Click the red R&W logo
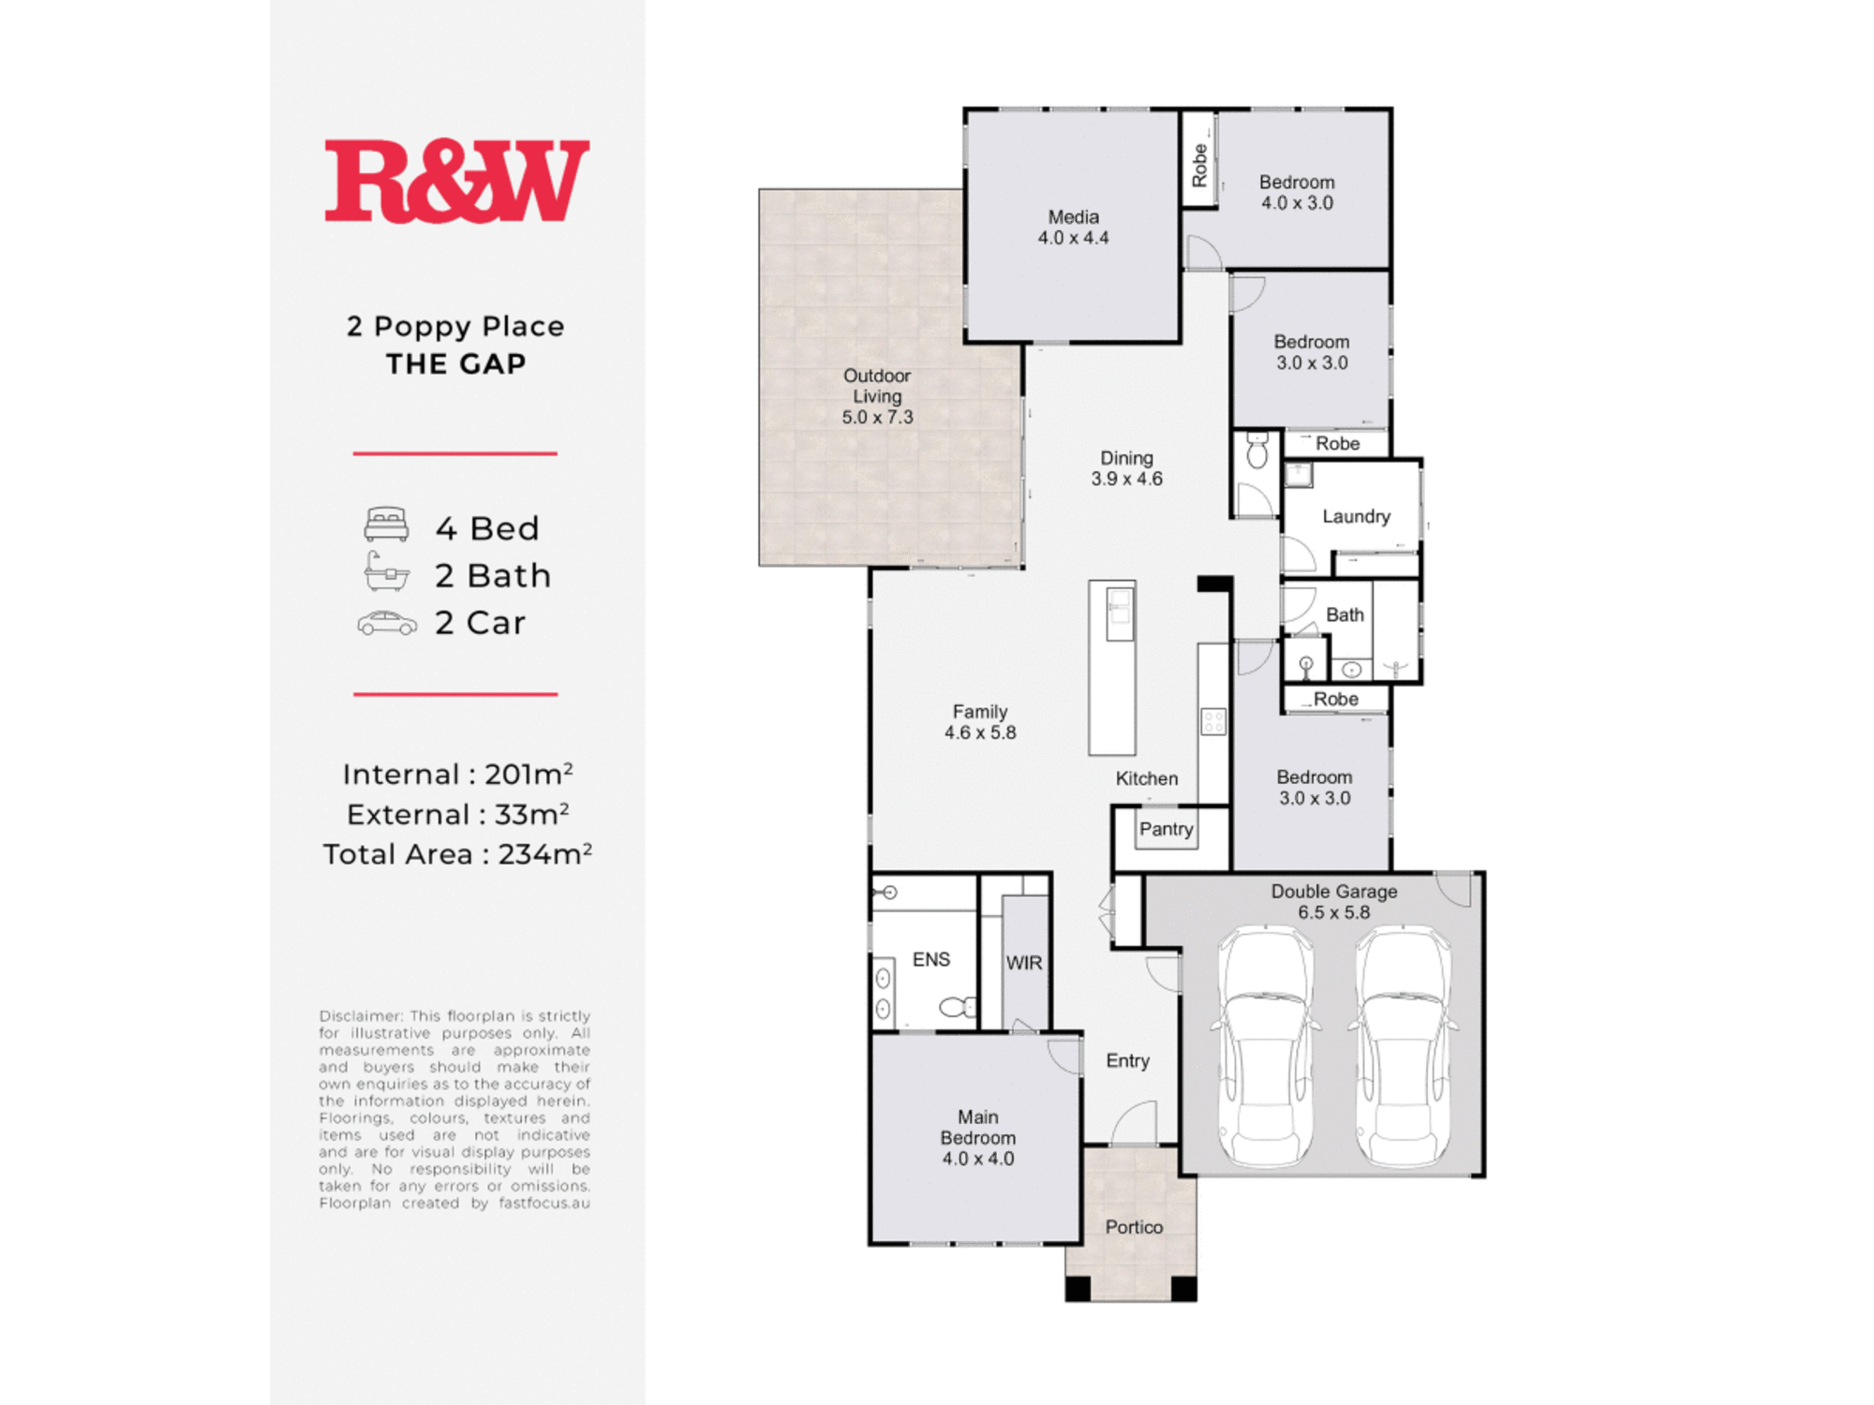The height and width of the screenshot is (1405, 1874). click(x=457, y=181)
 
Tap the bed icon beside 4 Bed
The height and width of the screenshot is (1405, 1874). click(x=386, y=525)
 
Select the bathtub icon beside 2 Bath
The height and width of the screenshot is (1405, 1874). click(x=386, y=571)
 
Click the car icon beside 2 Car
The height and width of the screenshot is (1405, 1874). click(x=387, y=623)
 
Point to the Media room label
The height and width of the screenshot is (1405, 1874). click(x=1073, y=227)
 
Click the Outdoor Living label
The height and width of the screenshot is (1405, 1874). click(x=877, y=396)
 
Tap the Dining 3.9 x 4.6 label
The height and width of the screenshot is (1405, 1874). click(x=1126, y=468)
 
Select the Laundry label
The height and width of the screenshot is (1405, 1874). click(x=1356, y=516)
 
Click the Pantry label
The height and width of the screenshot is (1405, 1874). click(x=1166, y=829)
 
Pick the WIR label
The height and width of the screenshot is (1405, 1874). click(x=1023, y=963)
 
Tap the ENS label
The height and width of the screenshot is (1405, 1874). click(x=930, y=959)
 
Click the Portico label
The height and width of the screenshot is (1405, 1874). click(x=1134, y=1227)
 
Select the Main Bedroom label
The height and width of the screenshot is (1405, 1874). click(x=977, y=1137)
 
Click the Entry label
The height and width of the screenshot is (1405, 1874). click(x=1127, y=1060)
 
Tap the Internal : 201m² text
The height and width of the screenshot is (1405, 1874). click(x=457, y=774)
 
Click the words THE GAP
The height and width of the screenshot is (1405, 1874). click(x=456, y=363)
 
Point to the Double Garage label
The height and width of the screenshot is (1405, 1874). click(x=1333, y=901)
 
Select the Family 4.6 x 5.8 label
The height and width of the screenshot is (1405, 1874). click(x=980, y=722)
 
